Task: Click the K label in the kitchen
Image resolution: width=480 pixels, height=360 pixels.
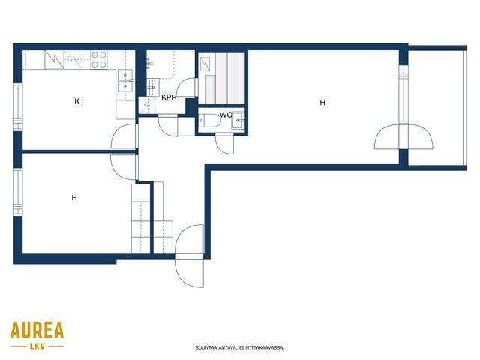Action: pos(77,101)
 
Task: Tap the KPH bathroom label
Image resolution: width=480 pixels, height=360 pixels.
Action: pos(169,97)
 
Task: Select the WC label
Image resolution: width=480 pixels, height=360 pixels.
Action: pos(226,115)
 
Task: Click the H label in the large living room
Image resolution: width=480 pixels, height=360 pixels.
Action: pos(322,103)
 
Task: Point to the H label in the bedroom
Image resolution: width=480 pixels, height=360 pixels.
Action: pos(74,198)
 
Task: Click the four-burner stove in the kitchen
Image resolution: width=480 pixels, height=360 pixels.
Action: pos(99,59)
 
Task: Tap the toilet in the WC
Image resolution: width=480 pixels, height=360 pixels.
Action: pos(209,121)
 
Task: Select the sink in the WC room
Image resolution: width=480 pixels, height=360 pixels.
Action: pos(238,120)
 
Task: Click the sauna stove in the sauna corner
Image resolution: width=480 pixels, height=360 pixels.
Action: pos(205,64)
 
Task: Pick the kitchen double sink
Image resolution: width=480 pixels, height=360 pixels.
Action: pos(125,80)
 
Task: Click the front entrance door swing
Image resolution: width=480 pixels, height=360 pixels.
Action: pos(190,256)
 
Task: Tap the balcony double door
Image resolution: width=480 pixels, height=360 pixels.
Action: pos(403,137)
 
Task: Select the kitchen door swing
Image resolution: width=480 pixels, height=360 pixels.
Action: pos(124,136)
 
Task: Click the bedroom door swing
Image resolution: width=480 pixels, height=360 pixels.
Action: pos(124,167)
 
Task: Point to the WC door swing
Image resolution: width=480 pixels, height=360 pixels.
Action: pos(225,144)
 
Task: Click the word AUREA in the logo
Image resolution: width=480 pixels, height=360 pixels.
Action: pos(37,330)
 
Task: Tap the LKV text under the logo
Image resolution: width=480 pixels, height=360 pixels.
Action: pos(37,346)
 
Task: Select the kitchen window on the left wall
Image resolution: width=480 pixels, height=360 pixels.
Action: pos(18,107)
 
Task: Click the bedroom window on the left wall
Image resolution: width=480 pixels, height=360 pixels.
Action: pos(18,192)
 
